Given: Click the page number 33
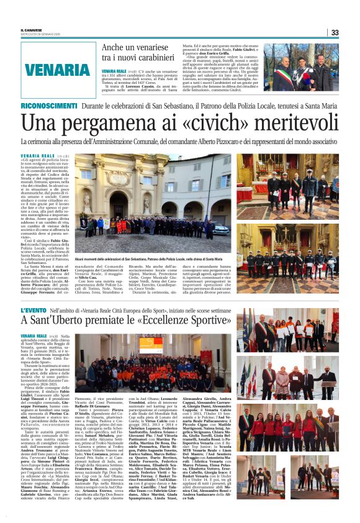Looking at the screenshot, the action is click(x=335, y=32).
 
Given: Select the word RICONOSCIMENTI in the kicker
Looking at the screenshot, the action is click(x=46, y=107).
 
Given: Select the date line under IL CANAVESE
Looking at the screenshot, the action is click(x=38, y=35).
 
